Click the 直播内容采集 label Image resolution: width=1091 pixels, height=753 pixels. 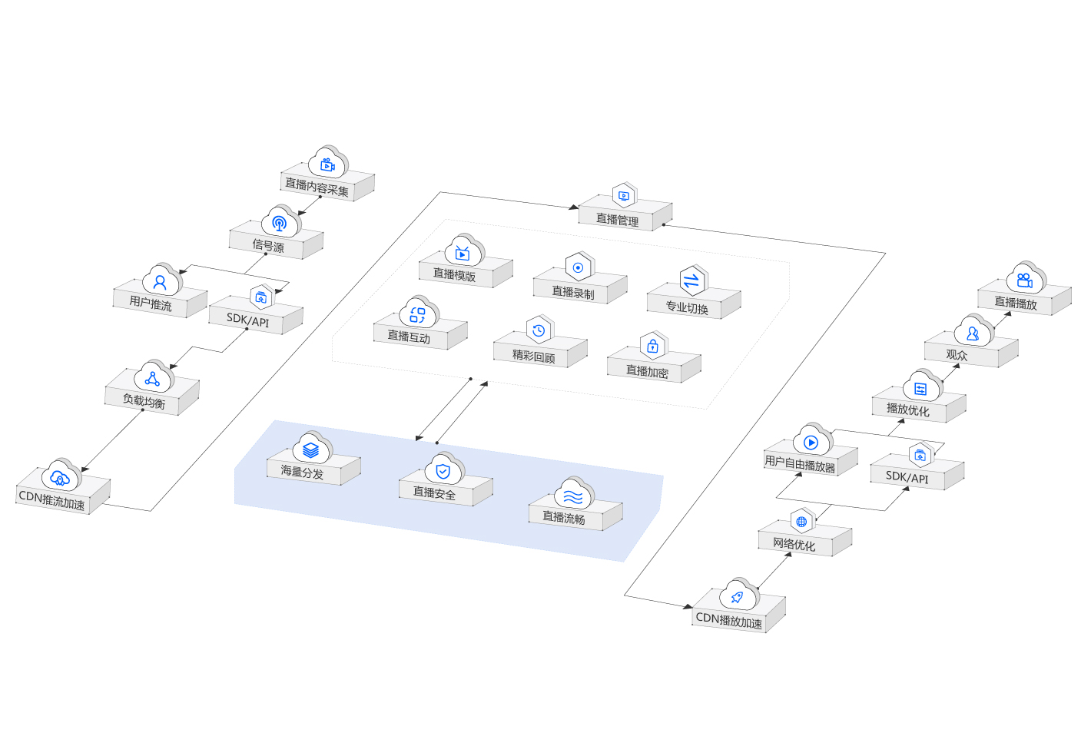317,187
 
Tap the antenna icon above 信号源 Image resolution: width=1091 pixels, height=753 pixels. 279,224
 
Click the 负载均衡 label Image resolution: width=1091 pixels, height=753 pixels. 144,401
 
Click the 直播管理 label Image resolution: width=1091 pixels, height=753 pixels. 617,220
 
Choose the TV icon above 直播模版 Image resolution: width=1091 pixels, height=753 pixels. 462,253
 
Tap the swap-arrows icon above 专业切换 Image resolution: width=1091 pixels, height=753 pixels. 691,280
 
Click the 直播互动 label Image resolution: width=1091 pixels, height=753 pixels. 409,337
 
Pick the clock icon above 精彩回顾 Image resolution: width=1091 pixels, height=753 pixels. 539,330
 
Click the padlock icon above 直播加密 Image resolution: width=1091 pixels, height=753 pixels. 652,347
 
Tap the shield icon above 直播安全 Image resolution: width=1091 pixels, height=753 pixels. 443,470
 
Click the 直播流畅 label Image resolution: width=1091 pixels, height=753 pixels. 564,518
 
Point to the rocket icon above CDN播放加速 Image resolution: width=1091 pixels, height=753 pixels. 737,597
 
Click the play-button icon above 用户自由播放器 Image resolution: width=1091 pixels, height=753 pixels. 811,443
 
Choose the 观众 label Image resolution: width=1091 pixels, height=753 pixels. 957,354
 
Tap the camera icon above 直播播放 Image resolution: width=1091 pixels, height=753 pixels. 1024,280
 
